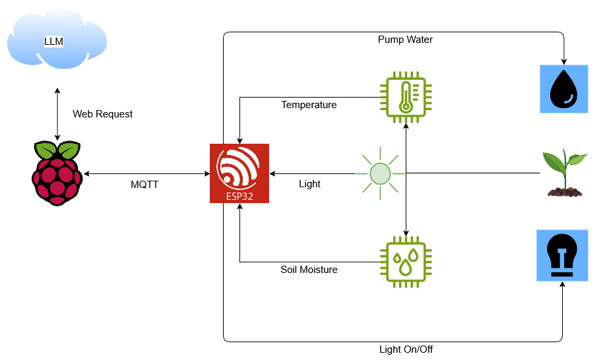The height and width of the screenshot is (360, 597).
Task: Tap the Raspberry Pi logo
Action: coord(57,173)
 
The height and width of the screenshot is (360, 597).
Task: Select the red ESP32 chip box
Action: coord(239,173)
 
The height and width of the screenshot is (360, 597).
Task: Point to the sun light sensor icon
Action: coord(379,173)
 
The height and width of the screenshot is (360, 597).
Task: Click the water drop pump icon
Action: coord(563,88)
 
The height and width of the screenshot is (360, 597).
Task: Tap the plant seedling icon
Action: coord(564,173)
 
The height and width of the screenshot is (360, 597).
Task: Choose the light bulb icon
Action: coord(562,256)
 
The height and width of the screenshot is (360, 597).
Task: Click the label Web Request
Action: coord(102,114)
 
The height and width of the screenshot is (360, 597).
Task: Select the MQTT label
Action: coord(144,185)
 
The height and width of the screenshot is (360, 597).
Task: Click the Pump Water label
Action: coord(405,40)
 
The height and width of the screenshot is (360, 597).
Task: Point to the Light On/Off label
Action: coord(406,349)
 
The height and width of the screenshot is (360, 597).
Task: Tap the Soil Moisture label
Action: coord(309,269)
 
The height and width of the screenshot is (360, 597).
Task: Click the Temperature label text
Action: coord(309,105)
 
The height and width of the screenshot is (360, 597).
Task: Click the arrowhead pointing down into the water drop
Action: coord(563,60)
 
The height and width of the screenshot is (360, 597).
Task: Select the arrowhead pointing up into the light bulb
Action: coord(563,285)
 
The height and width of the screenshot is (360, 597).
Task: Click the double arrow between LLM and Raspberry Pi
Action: coord(57,113)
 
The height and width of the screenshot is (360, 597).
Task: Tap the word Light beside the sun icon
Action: coord(309,184)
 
